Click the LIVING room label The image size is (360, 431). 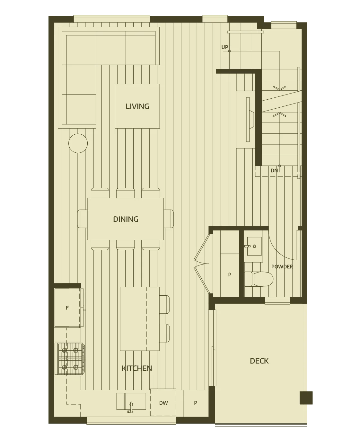point(137,106)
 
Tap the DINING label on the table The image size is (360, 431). point(126,219)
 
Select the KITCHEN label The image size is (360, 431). point(137,368)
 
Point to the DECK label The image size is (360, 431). point(259,361)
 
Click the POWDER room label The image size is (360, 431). point(282,267)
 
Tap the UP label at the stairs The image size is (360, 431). point(225,47)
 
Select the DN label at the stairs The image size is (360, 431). point(274,170)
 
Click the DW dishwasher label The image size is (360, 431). point(163,403)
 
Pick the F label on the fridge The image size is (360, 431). point(67,308)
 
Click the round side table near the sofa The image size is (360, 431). point(78,143)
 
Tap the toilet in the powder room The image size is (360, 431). point(259,279)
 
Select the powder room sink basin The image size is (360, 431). point(254,246)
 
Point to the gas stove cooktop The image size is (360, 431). point(69,359)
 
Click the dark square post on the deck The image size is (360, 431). point(306,398)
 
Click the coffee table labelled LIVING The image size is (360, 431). point(137,106)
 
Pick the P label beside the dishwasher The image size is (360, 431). point(195,403)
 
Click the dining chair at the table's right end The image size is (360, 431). point(169,219)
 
